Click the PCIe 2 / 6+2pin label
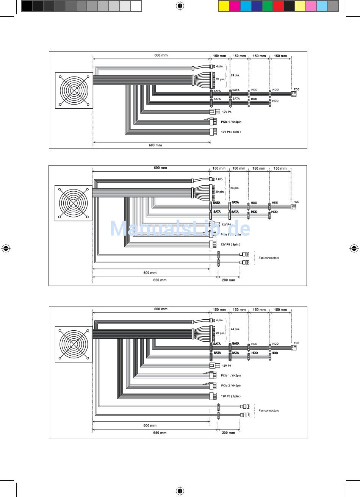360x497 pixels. (x=231, y=386)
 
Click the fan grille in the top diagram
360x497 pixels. (x=74, y=91)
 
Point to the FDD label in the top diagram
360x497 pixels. (x=296, y=89)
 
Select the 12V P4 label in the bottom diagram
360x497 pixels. (x=227, y=366)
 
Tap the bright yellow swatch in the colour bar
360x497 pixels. (x=224, y=6)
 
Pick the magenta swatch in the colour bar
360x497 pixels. (x=235, y=6)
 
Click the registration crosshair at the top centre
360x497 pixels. (x=180, y=6)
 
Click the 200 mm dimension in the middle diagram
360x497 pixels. (x=229, y=280)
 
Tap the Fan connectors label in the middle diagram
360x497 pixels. (x=269, y=258)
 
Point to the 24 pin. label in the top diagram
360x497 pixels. (x=235, y=75)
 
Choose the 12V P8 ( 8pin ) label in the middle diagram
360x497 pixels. (x=230, y=244)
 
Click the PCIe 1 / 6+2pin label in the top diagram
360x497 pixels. (x=231, y=122)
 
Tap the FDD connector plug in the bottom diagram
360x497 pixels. (x=294, y=348)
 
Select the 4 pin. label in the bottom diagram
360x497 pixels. (x=220, y=320)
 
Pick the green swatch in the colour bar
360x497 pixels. (x=267, y=6)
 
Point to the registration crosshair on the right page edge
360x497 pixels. (x=354, y=248)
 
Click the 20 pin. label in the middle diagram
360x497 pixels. (x=220, y=192)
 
